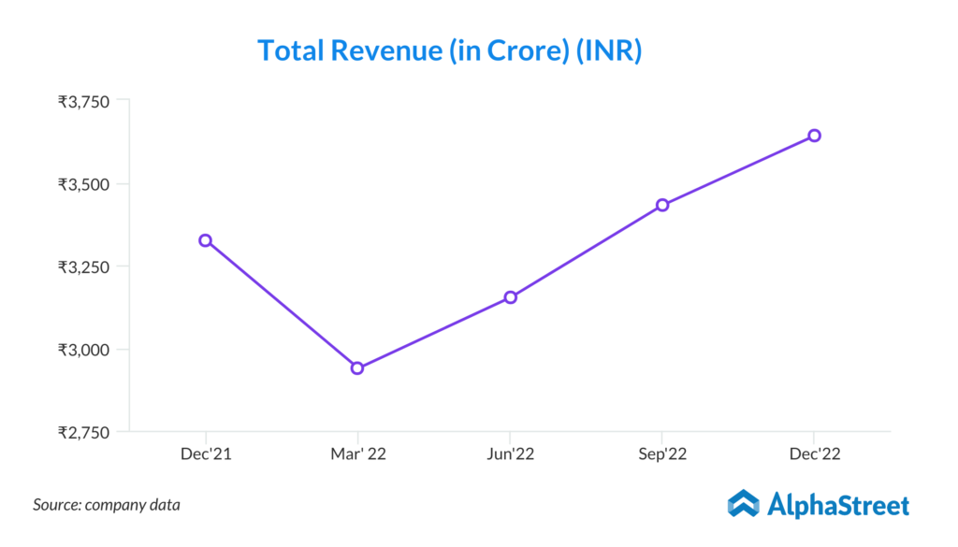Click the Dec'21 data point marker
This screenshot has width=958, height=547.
click(205, 240)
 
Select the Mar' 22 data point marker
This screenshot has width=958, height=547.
click(357, 367)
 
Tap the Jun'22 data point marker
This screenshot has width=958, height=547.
click(510, 297)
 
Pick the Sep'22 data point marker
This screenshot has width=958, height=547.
click(662, 205)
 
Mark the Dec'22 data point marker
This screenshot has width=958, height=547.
click(814, 136)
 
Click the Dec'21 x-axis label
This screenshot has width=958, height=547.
click(205, 453)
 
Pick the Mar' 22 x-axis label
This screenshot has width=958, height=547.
click(357, 453)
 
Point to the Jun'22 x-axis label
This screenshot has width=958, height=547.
click(510, 453)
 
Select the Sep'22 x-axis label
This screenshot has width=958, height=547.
click(662, 453)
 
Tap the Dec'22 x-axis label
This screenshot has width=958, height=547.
click(814, 453)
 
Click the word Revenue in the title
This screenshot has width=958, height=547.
click(385, 50)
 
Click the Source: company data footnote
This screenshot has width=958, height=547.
click(107, 505)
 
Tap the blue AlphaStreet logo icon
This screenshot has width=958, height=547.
click(743, 504)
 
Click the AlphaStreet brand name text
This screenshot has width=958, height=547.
click(838, 506)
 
